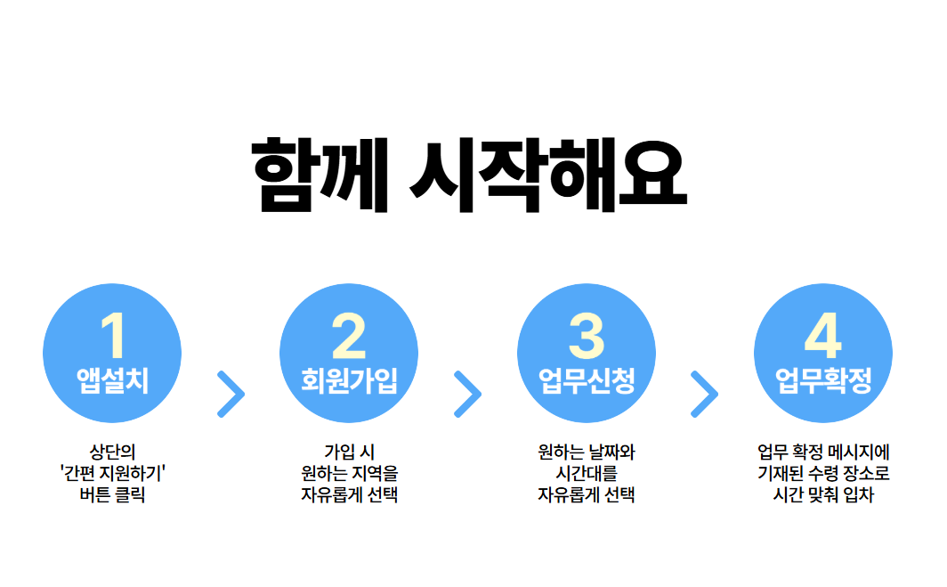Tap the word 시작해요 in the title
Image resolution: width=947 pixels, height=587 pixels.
[549, 175]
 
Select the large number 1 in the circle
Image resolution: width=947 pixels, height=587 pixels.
[112, 336]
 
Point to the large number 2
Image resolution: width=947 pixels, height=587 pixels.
[349, 336]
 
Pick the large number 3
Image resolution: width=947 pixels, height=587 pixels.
[587, 336]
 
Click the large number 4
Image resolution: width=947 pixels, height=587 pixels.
[823, 336]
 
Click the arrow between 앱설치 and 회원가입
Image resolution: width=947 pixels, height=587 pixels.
[231, 394]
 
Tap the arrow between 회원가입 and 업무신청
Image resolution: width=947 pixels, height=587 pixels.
[467, 394]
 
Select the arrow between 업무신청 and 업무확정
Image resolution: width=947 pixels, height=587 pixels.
[704, 394]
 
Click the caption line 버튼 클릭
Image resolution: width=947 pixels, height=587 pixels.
[112, 495]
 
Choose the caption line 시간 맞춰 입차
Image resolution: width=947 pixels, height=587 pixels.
[823, 495]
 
